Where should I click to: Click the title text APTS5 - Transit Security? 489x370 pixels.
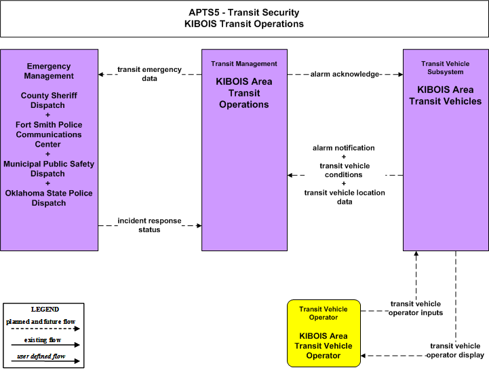(244, 12)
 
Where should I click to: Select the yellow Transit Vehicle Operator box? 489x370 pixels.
(324, 333)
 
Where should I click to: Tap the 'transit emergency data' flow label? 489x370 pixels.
(149, 74)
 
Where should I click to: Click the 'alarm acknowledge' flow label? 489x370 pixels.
(345, 74)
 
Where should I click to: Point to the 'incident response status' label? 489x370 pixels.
(149, 225)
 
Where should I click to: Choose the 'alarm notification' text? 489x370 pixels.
(344, 148)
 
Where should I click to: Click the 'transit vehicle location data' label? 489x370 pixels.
(345, 197)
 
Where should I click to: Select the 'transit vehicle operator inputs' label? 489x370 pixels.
(416, 308)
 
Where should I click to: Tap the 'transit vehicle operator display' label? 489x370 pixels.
(455, 350)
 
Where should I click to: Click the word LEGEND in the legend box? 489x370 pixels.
(45, 310)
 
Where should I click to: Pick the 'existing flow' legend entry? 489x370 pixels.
(43, 339)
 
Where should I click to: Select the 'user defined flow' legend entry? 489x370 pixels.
(41, 356)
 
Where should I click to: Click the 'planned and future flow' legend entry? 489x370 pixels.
(41, 322)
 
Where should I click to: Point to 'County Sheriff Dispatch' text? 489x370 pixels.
(49, 100)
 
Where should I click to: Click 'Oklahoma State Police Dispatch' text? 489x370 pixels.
(49, 198)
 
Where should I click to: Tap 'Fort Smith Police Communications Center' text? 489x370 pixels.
(49, 134)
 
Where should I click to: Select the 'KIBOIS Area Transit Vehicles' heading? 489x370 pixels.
(446, 95)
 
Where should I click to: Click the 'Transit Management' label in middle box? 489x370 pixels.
(244, 64)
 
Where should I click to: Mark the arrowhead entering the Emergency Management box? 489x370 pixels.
(101, 74)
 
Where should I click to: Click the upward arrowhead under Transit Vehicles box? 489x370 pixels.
(416, 253)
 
